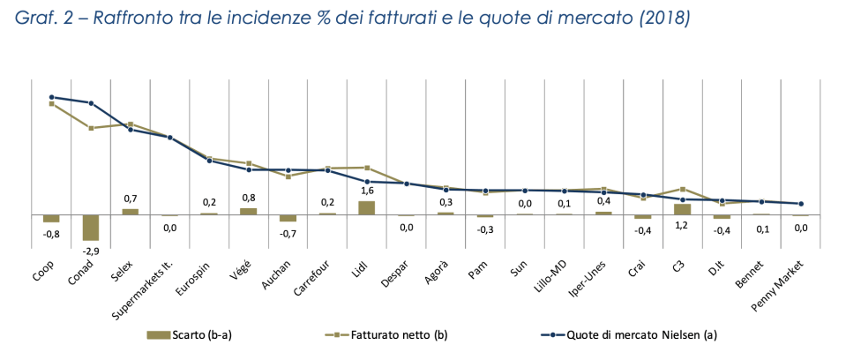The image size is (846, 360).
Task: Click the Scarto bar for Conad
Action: [91, 227]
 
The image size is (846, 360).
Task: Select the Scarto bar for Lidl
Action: [367, 207]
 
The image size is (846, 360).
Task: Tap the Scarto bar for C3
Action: [682, 209]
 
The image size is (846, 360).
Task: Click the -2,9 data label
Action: [91, 251]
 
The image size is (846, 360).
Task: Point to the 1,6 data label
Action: [367, 190]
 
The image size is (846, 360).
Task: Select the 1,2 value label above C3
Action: [683, 225]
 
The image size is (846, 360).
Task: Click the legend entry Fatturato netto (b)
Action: [388, 334]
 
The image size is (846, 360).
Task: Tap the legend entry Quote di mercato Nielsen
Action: [618, 334]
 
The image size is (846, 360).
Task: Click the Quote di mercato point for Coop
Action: [52, 97]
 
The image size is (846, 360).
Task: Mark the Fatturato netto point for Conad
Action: [91, 128]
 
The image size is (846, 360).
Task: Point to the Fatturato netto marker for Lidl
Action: [367, 167]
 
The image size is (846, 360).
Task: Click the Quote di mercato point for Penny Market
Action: [800, 204]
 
